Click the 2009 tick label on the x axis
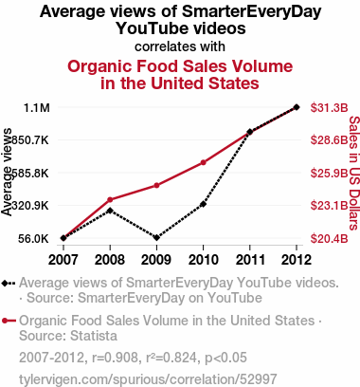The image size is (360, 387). (x=156, y=260)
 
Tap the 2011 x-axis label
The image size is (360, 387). (x=250, y=260)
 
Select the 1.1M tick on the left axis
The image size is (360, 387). (x=37, y=108)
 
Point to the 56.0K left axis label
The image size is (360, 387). (x=33, y=238)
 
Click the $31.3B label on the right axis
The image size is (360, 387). (x=329, y=108)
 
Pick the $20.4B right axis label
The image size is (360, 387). (x=329, y=238)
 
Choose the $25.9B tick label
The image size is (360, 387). (x=329, y=173)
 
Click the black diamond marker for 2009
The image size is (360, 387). (x=156, y=237)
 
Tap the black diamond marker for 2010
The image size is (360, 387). (x=203, y=204)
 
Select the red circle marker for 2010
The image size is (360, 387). (x=203, y=162)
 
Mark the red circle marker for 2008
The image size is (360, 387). (x=110, y=199)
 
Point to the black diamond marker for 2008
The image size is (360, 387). (x=110, y=211)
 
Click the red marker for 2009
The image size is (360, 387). (x=156, y=185)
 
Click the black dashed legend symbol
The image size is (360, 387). (x=9, y=284)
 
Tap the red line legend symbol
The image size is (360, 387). (x=9, y=322)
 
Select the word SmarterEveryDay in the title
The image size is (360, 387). (x=252, y=11)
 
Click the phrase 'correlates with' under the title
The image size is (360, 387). (x=180, y=46)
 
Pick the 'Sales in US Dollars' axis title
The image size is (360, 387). (x=354, y=174)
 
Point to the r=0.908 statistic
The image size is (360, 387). (x=115, y=358)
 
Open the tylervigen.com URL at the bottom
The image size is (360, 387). (x=148, y=379)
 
